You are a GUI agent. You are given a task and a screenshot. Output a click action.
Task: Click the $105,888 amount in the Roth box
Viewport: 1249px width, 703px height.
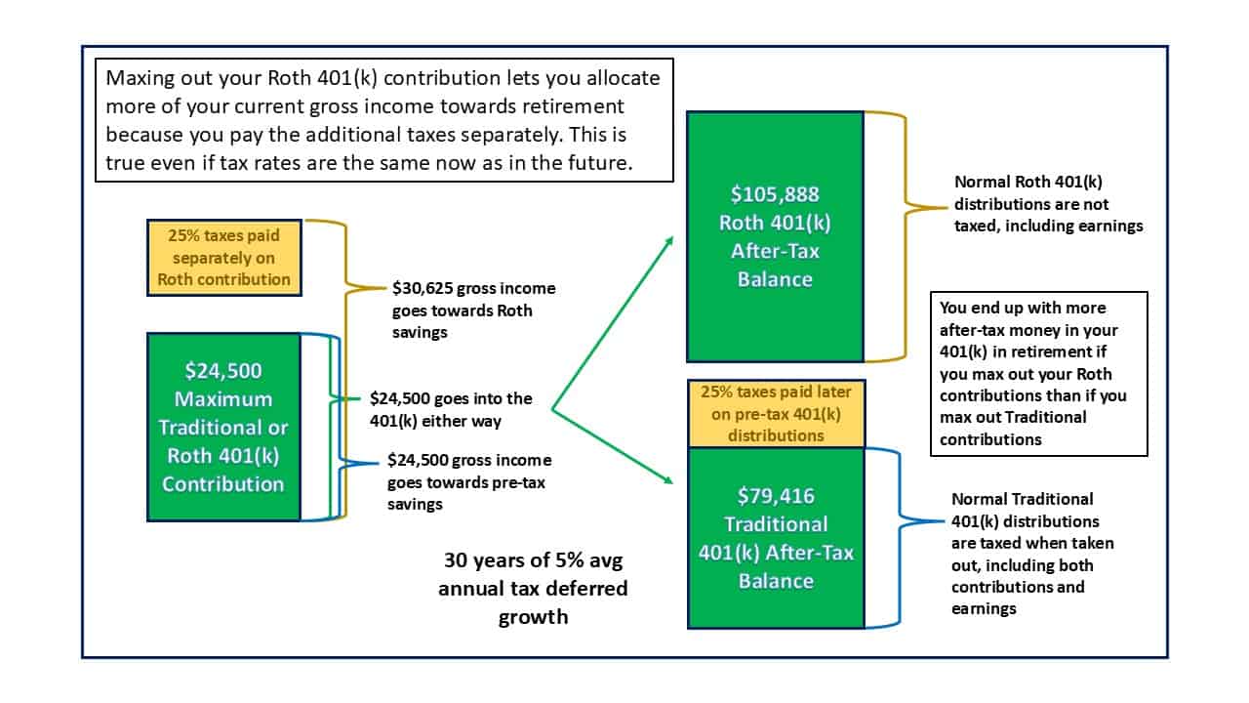click(775, 194)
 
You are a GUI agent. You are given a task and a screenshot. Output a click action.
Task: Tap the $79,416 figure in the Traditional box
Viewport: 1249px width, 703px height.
click(776, 496)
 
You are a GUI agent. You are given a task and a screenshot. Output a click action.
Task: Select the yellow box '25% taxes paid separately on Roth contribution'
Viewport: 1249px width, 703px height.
click(224, 257)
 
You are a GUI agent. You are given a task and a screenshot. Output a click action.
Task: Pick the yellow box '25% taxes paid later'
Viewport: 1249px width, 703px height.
click(776, 413)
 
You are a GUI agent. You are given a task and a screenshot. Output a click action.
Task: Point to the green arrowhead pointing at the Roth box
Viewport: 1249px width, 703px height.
click(668, 241)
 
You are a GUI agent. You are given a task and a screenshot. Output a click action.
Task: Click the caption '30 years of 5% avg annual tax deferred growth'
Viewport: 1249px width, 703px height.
click(533, 589)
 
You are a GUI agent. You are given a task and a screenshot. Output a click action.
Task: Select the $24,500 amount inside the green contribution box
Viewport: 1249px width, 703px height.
click(223, 371)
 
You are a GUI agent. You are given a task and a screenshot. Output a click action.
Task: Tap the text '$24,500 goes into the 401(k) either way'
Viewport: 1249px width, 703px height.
click(451, 409)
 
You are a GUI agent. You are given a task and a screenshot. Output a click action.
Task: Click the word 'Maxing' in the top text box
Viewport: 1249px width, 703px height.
click(140, 79)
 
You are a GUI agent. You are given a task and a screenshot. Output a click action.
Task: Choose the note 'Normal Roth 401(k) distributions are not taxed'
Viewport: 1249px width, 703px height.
click(1048, 204)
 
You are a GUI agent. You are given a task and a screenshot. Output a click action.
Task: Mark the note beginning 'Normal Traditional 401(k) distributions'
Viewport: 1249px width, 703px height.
click(1032, 554)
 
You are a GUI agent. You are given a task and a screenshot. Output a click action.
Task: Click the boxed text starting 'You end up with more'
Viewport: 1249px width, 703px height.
click(1039, 374)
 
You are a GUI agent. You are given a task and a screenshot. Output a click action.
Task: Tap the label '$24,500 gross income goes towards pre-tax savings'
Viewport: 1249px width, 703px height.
click(469, 482)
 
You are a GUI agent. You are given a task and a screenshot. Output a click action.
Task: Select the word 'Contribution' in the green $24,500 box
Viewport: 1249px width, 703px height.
click(223, 484)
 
